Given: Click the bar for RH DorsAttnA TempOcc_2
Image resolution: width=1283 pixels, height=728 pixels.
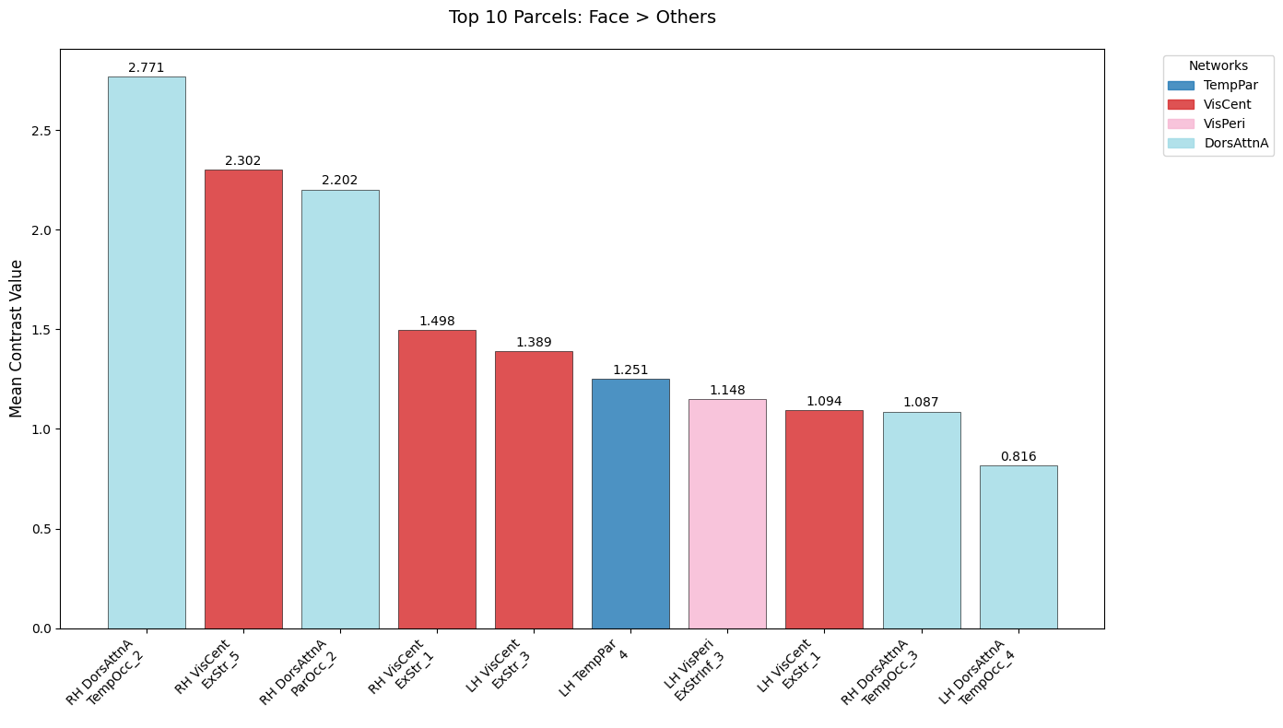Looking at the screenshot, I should click(147, 352).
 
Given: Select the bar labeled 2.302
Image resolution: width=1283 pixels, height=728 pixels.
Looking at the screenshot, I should click(243, 399).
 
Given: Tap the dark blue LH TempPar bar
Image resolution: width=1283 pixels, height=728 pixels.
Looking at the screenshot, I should click(630, 503).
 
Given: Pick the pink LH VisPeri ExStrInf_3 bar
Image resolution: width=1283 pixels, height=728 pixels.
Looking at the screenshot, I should click(727, 513).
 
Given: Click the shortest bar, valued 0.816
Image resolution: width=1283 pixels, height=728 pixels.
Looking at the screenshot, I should click(1018, 546).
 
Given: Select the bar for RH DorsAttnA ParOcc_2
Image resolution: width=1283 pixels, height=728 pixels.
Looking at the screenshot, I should click(340, 409).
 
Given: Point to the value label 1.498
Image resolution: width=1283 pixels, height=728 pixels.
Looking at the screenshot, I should click(437, 321).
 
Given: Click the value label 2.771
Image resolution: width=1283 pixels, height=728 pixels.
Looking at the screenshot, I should click(147, 67).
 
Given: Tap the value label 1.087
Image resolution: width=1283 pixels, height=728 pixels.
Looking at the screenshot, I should click(921, 403).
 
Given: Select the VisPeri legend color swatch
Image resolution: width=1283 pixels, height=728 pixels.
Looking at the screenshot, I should click(1182, 123).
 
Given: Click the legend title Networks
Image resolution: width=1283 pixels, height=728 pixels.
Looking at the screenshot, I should click(1218, 65).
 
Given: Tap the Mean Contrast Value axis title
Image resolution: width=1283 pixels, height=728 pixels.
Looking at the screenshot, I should click(17, 338).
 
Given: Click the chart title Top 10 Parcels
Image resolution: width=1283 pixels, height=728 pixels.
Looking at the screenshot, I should click(582, 18).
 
